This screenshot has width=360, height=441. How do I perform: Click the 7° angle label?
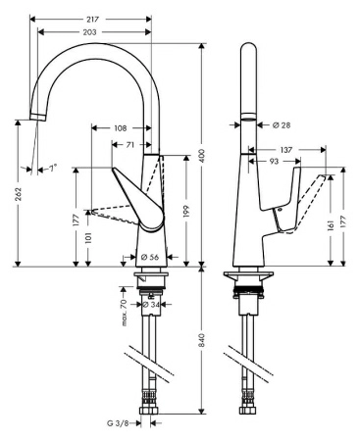[x=52, y=168]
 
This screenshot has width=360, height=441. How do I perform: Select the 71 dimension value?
[x=129, y=145]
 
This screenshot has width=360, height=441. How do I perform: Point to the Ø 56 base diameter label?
[x=150, y=258]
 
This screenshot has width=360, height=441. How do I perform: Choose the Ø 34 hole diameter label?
[x=150, y=304]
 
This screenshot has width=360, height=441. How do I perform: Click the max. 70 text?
[x=126, y=316]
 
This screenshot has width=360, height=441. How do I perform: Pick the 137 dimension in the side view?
[x=286, y=149]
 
